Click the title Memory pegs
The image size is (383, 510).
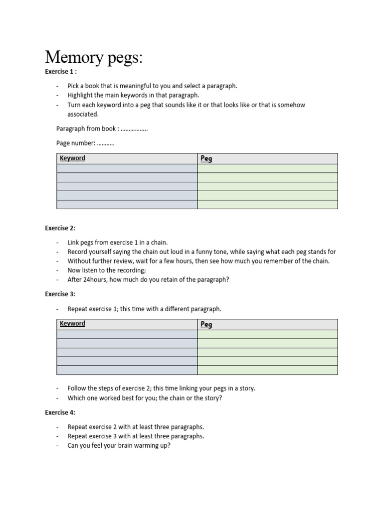94,58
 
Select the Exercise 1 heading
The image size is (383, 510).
60,72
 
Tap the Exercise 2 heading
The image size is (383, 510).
60,228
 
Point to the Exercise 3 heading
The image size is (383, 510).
60,294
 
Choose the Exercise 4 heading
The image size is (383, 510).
60,412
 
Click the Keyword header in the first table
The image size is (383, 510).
72,158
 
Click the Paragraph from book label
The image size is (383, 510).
87,128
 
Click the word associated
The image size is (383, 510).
83,114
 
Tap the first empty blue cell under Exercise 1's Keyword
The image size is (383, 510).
127,168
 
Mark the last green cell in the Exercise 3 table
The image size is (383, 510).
267,370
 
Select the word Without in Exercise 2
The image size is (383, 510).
79,261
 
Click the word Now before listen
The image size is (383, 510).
74,270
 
